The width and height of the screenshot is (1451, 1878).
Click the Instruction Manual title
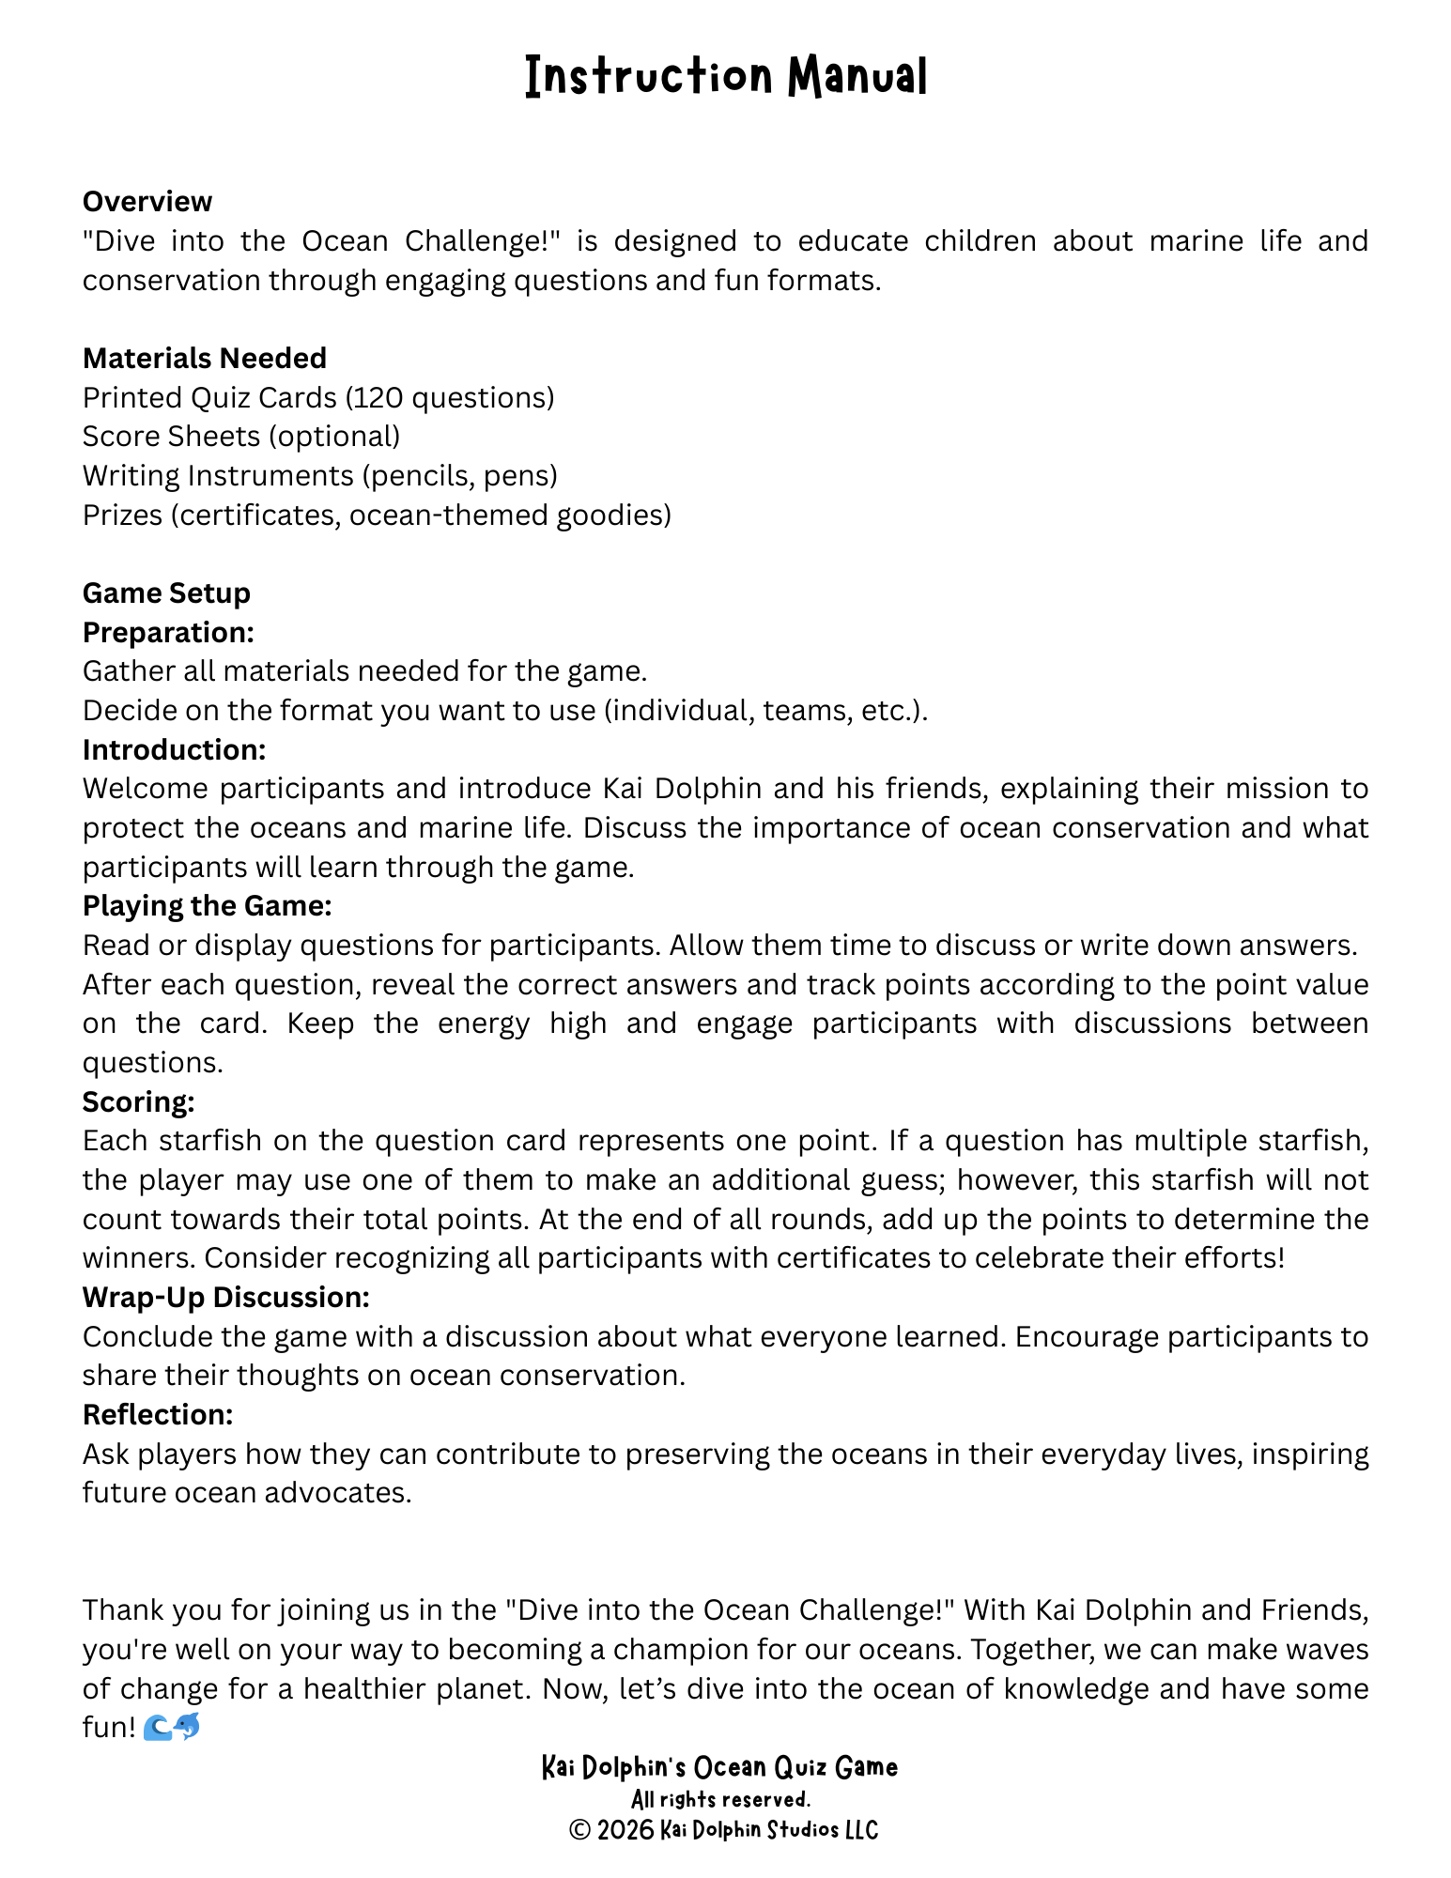coord(725,76)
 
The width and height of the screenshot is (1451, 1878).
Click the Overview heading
coord(147,202)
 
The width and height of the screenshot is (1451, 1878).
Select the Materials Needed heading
coord(205,358)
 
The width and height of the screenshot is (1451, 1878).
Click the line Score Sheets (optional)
coord(241,437)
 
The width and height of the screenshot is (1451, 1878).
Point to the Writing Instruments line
coord(320,476)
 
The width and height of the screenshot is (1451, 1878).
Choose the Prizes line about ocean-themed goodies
coord(377,516)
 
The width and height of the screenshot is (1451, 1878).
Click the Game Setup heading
coord(166,593)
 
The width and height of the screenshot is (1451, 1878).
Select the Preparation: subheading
coord(168,633)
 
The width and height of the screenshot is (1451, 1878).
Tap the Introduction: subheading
coord(174,750)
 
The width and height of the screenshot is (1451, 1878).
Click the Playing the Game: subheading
coord(207,906)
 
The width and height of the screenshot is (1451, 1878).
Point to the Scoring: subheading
coord(138,1101)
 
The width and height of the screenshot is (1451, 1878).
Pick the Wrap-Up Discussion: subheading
coord(225,1298)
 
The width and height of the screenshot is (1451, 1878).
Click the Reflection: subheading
coord(157,1415)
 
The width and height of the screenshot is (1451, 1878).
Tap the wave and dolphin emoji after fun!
coord(172,1726)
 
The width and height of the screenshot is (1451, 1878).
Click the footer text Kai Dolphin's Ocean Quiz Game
coord(719,1767)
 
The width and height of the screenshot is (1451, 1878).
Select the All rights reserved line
coord(720,1799)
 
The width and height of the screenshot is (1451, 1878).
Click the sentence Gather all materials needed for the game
coord(364,671)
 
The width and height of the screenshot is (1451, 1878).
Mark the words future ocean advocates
coord(247,1493)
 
